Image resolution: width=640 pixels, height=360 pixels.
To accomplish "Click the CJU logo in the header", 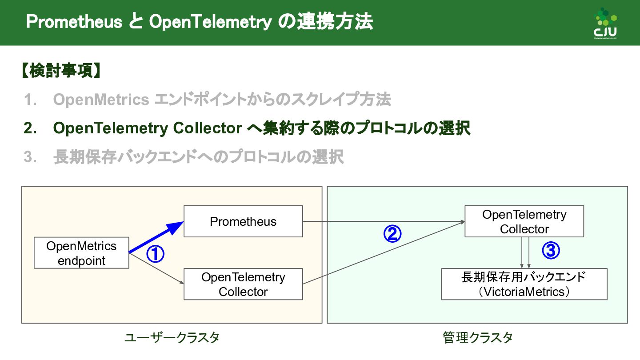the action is [605, 23].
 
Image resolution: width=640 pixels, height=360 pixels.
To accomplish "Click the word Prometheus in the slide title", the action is [74, 22].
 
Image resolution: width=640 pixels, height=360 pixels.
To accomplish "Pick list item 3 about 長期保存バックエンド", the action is [198, 157].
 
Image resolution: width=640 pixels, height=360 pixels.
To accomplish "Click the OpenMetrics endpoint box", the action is [81, 253].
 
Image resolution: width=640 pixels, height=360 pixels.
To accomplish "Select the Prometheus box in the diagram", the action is [243, 221].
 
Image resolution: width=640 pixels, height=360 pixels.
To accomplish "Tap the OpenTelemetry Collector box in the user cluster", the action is [243, 284].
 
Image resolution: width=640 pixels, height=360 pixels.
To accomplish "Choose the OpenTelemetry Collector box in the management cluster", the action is [524, 221].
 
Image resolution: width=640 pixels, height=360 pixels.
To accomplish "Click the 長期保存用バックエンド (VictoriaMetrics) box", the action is [524, 284].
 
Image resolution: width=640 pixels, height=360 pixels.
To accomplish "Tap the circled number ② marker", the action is [392, 234].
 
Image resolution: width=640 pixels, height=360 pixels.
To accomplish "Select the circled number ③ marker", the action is [551, 251].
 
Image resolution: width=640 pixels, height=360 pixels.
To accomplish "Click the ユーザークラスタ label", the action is [172, 338].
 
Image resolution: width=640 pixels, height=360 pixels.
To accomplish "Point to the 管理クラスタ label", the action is [477, 338].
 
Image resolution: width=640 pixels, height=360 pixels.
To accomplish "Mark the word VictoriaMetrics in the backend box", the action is [524, 292].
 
